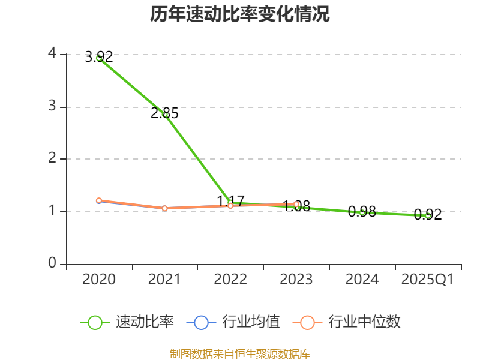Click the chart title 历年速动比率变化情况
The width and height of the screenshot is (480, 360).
tap(240, 14)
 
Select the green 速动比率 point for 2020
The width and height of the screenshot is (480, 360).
tap(99, 58)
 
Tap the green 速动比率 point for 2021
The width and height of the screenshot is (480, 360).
tap(165, 115)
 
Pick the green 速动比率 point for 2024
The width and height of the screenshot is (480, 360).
tap(362, 212)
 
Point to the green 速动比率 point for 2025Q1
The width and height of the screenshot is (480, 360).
tap(428, 215)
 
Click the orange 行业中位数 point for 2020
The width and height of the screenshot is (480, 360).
tap(99, 200)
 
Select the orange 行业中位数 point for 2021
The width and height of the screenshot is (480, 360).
tap(165, 208)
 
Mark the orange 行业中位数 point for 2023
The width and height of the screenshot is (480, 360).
tap(296, 204)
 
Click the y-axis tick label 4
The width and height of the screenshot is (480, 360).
tap(52, 53)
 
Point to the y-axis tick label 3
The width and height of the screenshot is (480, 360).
tap(52, 106)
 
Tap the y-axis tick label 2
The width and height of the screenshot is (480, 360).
tap(52, 158)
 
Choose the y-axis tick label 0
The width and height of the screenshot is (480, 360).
tap(52, 263)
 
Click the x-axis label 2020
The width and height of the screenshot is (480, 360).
tap(99, 280)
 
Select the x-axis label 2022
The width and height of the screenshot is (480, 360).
tap(230, 280)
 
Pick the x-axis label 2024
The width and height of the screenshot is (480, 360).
tap(362, 280)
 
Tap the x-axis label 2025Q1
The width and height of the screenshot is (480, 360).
tap(428, 280)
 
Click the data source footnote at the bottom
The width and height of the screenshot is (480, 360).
tap(240, 354)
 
